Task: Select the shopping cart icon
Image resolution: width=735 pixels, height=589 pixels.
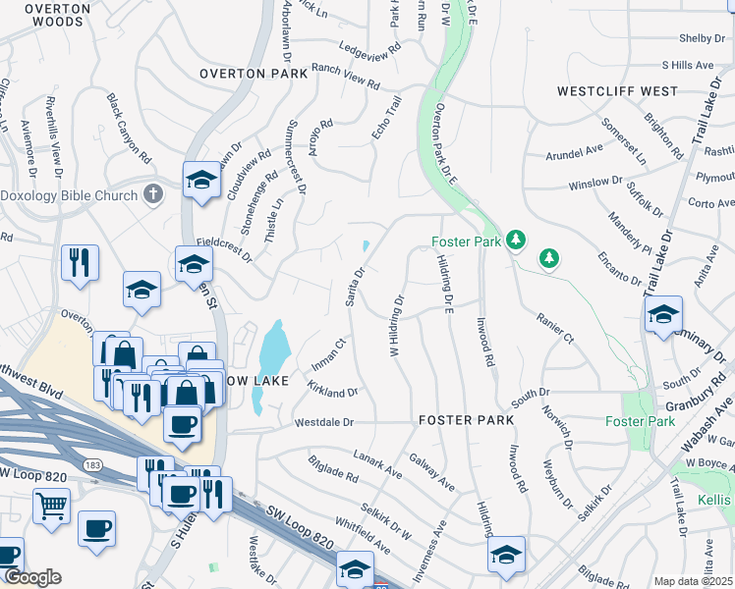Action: (x=51, y=507)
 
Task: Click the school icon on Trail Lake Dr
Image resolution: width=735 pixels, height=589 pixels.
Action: (x=663, y=315)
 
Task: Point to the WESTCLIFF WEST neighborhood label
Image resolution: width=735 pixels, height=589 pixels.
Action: (x=617, y=91)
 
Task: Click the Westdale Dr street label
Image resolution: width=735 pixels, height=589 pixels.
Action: (x=323, y=422)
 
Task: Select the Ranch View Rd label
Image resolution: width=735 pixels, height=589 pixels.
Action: (x=345, y=77)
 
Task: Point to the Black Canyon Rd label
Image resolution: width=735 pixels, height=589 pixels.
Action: (x=130, y=129)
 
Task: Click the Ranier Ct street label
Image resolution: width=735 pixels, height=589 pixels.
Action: (x=554, y=328)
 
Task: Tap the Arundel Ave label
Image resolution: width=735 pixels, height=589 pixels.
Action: (x=574, y=152)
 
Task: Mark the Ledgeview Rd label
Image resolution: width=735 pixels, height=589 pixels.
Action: (x=370, y=47)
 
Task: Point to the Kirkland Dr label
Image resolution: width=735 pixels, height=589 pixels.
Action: (x=332, y=391)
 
